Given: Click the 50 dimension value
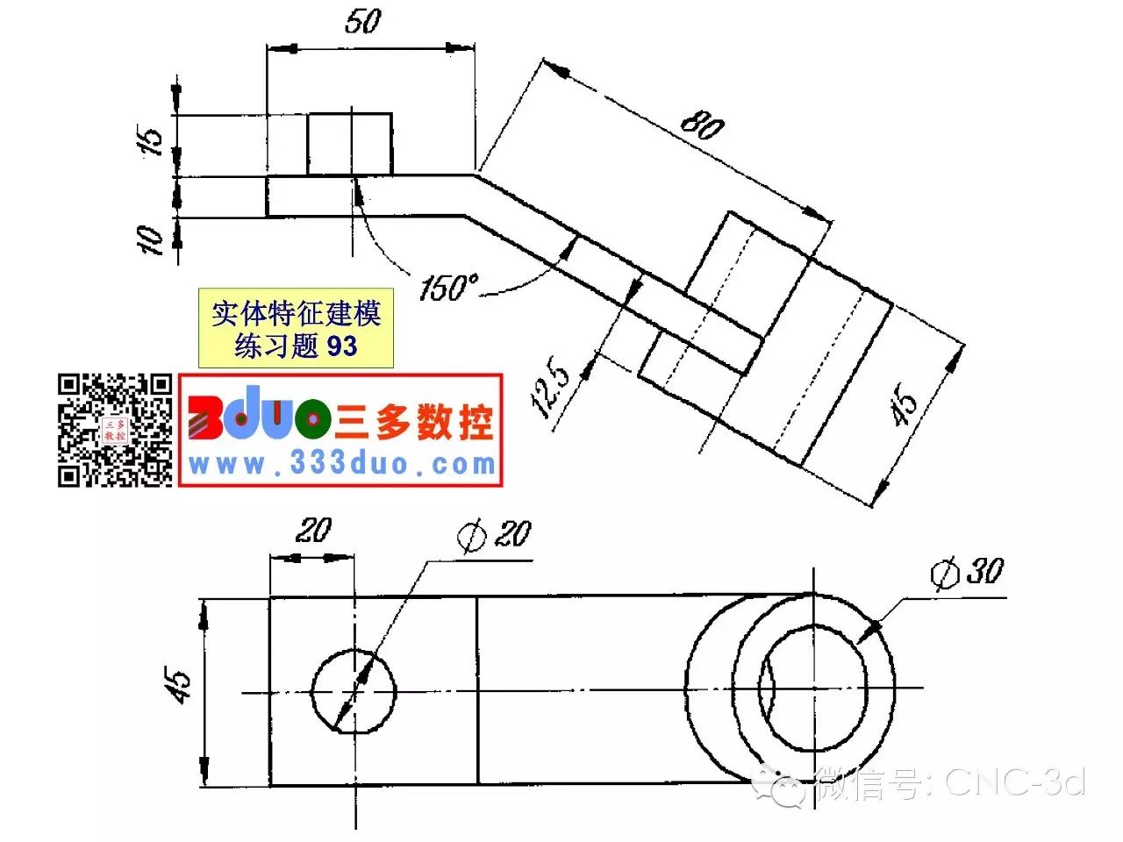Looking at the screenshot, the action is click(363, 21).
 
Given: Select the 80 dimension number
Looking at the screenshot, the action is click(703, 125).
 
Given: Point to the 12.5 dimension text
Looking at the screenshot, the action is click(549, 385).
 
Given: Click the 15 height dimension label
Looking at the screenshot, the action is click(149, 139).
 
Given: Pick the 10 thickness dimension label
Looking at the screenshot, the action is click(149, 239).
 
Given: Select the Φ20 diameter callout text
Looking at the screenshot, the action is click(494, 535).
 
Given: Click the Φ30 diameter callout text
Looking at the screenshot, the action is click(967, 573).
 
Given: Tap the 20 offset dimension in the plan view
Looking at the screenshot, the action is click(313, 530).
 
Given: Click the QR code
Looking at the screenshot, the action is click(115, 430).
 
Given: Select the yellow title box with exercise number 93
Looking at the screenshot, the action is click(296, 328).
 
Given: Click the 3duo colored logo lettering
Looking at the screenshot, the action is click(259, 413).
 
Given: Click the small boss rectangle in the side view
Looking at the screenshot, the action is click(349, 144).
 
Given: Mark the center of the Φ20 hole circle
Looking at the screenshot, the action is click(354, 692).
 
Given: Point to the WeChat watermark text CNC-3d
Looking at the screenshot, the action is click(1015, 782).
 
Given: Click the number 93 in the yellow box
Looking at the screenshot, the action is click(342, 346).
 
